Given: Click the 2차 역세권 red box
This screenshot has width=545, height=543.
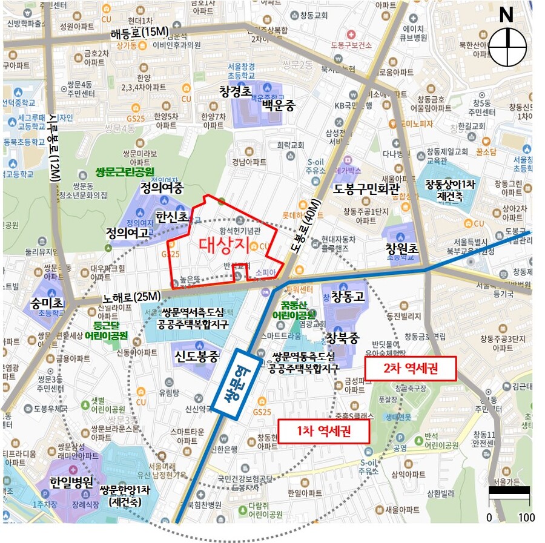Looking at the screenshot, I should (x=410, y=368).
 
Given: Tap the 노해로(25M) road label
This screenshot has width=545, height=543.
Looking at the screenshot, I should (x=131, y=297).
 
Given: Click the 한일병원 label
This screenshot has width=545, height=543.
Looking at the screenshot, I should (x=71, y=482).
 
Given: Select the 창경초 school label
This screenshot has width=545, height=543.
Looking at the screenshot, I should (x=236, y=92).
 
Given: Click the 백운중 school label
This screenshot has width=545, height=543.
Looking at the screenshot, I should (x=278, y=105).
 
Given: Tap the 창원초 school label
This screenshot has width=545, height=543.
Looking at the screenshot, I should (x=402, y=249).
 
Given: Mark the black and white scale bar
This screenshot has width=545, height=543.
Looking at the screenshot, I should (x=509, y=491).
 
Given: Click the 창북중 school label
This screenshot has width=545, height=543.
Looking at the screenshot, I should (x=343, y=337).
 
